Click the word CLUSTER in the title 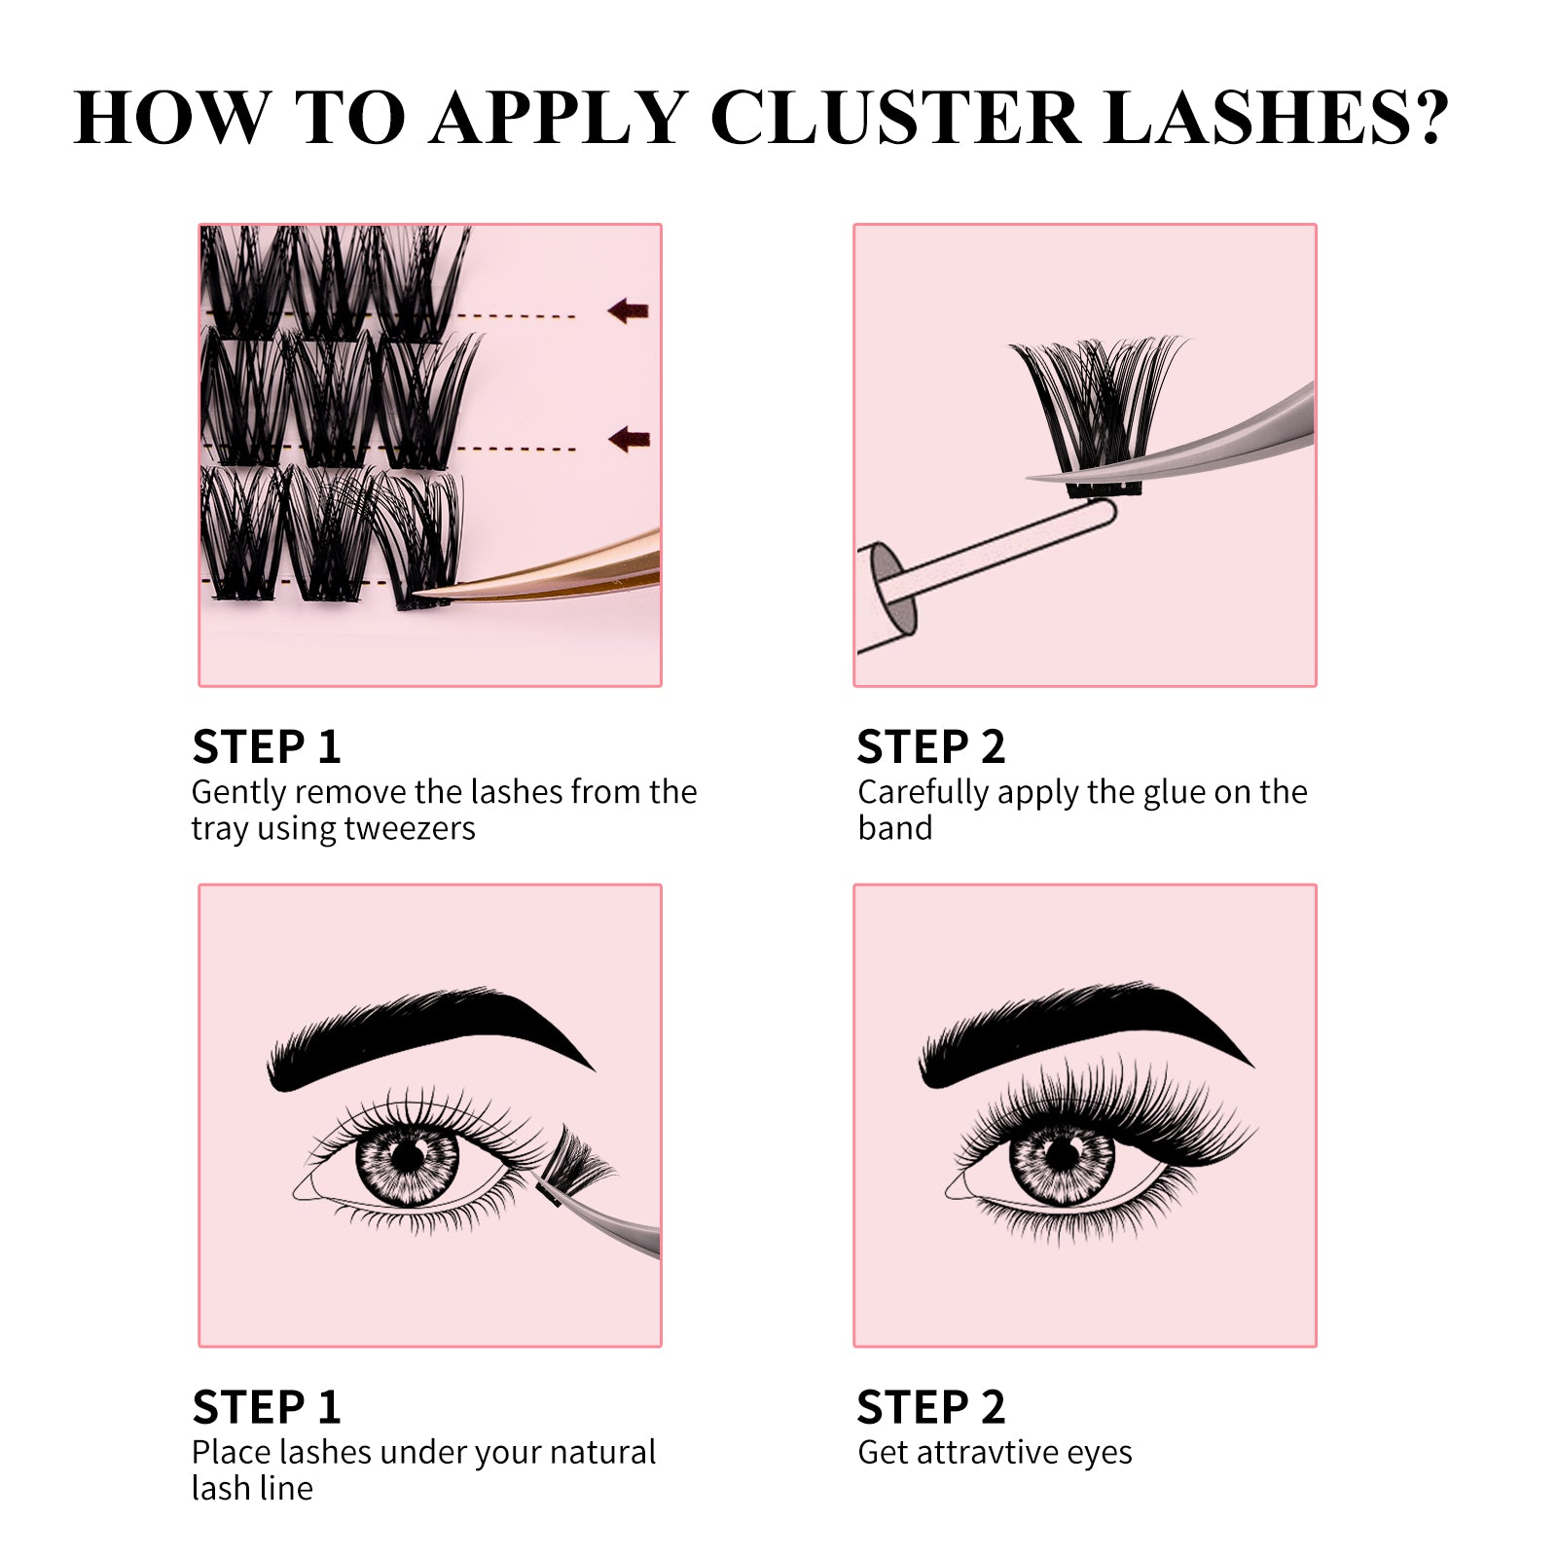point(895,119)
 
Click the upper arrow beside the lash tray point(628,311)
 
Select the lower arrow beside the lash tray point(629,440)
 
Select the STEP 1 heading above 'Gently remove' point(267,747)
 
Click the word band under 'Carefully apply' point(894,828)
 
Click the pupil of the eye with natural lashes point(409,1156)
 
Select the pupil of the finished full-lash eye point(1063,1156)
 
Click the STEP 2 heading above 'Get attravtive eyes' point(930,1407)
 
